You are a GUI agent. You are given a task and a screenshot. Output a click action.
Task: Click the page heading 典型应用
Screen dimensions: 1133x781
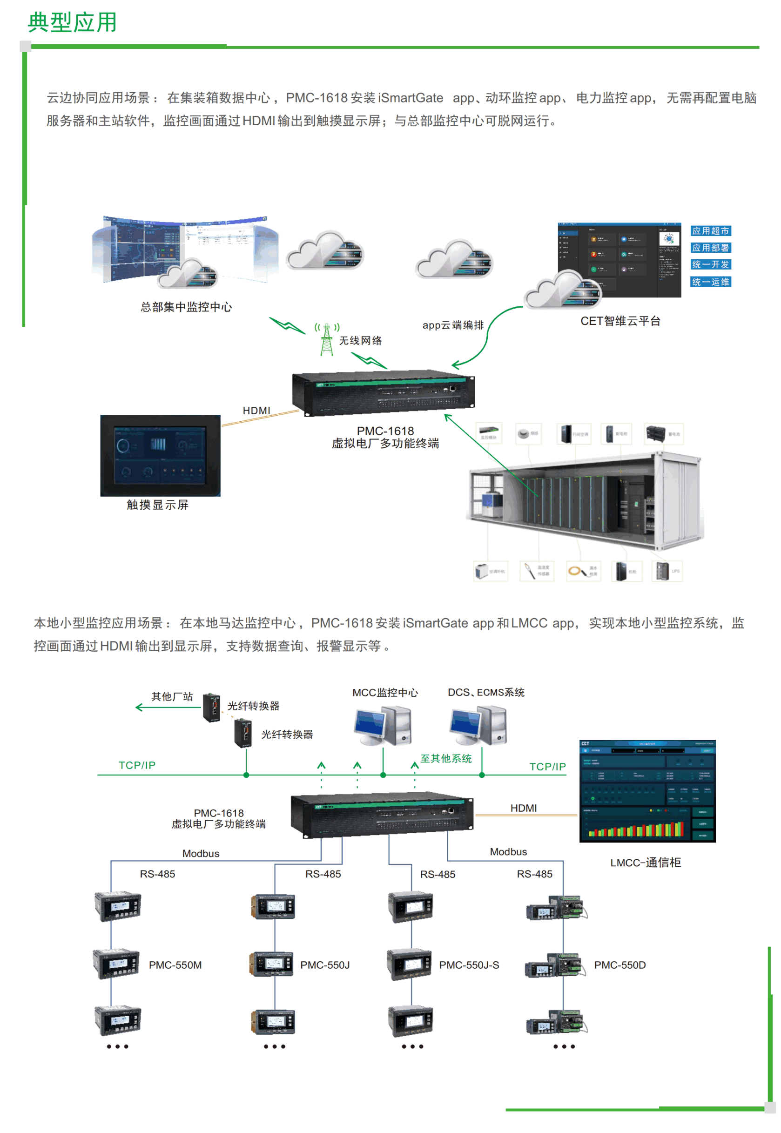(x=73, y=22)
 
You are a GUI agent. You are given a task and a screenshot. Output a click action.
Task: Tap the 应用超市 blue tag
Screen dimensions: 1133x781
(x=710, y=231)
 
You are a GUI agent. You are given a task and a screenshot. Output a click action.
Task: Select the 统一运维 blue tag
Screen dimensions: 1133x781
(x=710, y=282)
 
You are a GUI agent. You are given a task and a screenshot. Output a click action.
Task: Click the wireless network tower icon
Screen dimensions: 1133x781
(x=326, y=339)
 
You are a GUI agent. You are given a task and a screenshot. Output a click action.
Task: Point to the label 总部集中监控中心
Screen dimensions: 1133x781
(x=186, y=307)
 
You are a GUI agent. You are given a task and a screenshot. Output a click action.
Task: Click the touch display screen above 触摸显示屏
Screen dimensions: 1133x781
(x=160, y=456)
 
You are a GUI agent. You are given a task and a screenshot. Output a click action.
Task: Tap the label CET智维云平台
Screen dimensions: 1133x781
(x=620, y=321)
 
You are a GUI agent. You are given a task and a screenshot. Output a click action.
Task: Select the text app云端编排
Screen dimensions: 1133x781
(x=453, y=325)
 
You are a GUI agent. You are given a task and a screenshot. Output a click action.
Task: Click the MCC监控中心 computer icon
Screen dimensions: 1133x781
(x=383, y=726)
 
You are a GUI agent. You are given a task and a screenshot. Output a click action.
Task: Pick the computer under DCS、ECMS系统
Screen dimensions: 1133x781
(x=478, y=726)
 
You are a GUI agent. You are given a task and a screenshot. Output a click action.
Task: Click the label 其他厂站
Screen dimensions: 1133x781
(x=172, y=696)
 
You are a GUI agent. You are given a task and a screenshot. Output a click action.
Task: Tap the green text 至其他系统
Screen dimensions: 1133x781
(x=446, y=759)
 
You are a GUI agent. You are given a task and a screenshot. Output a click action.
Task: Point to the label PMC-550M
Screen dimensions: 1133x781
(x=175, y=965)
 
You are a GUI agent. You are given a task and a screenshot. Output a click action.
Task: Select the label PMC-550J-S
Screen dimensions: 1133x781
(x=469, y=965)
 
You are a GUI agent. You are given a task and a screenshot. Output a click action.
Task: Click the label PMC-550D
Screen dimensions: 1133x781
(x=619, y=965)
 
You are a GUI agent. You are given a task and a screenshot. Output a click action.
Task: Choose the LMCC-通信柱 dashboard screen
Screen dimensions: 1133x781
(x=647, y=791)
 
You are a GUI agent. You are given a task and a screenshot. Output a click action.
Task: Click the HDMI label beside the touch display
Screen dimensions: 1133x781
(x=256, y=411)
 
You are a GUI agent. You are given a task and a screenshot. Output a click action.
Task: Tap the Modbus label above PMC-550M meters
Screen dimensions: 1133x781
(x=201, y=854)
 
